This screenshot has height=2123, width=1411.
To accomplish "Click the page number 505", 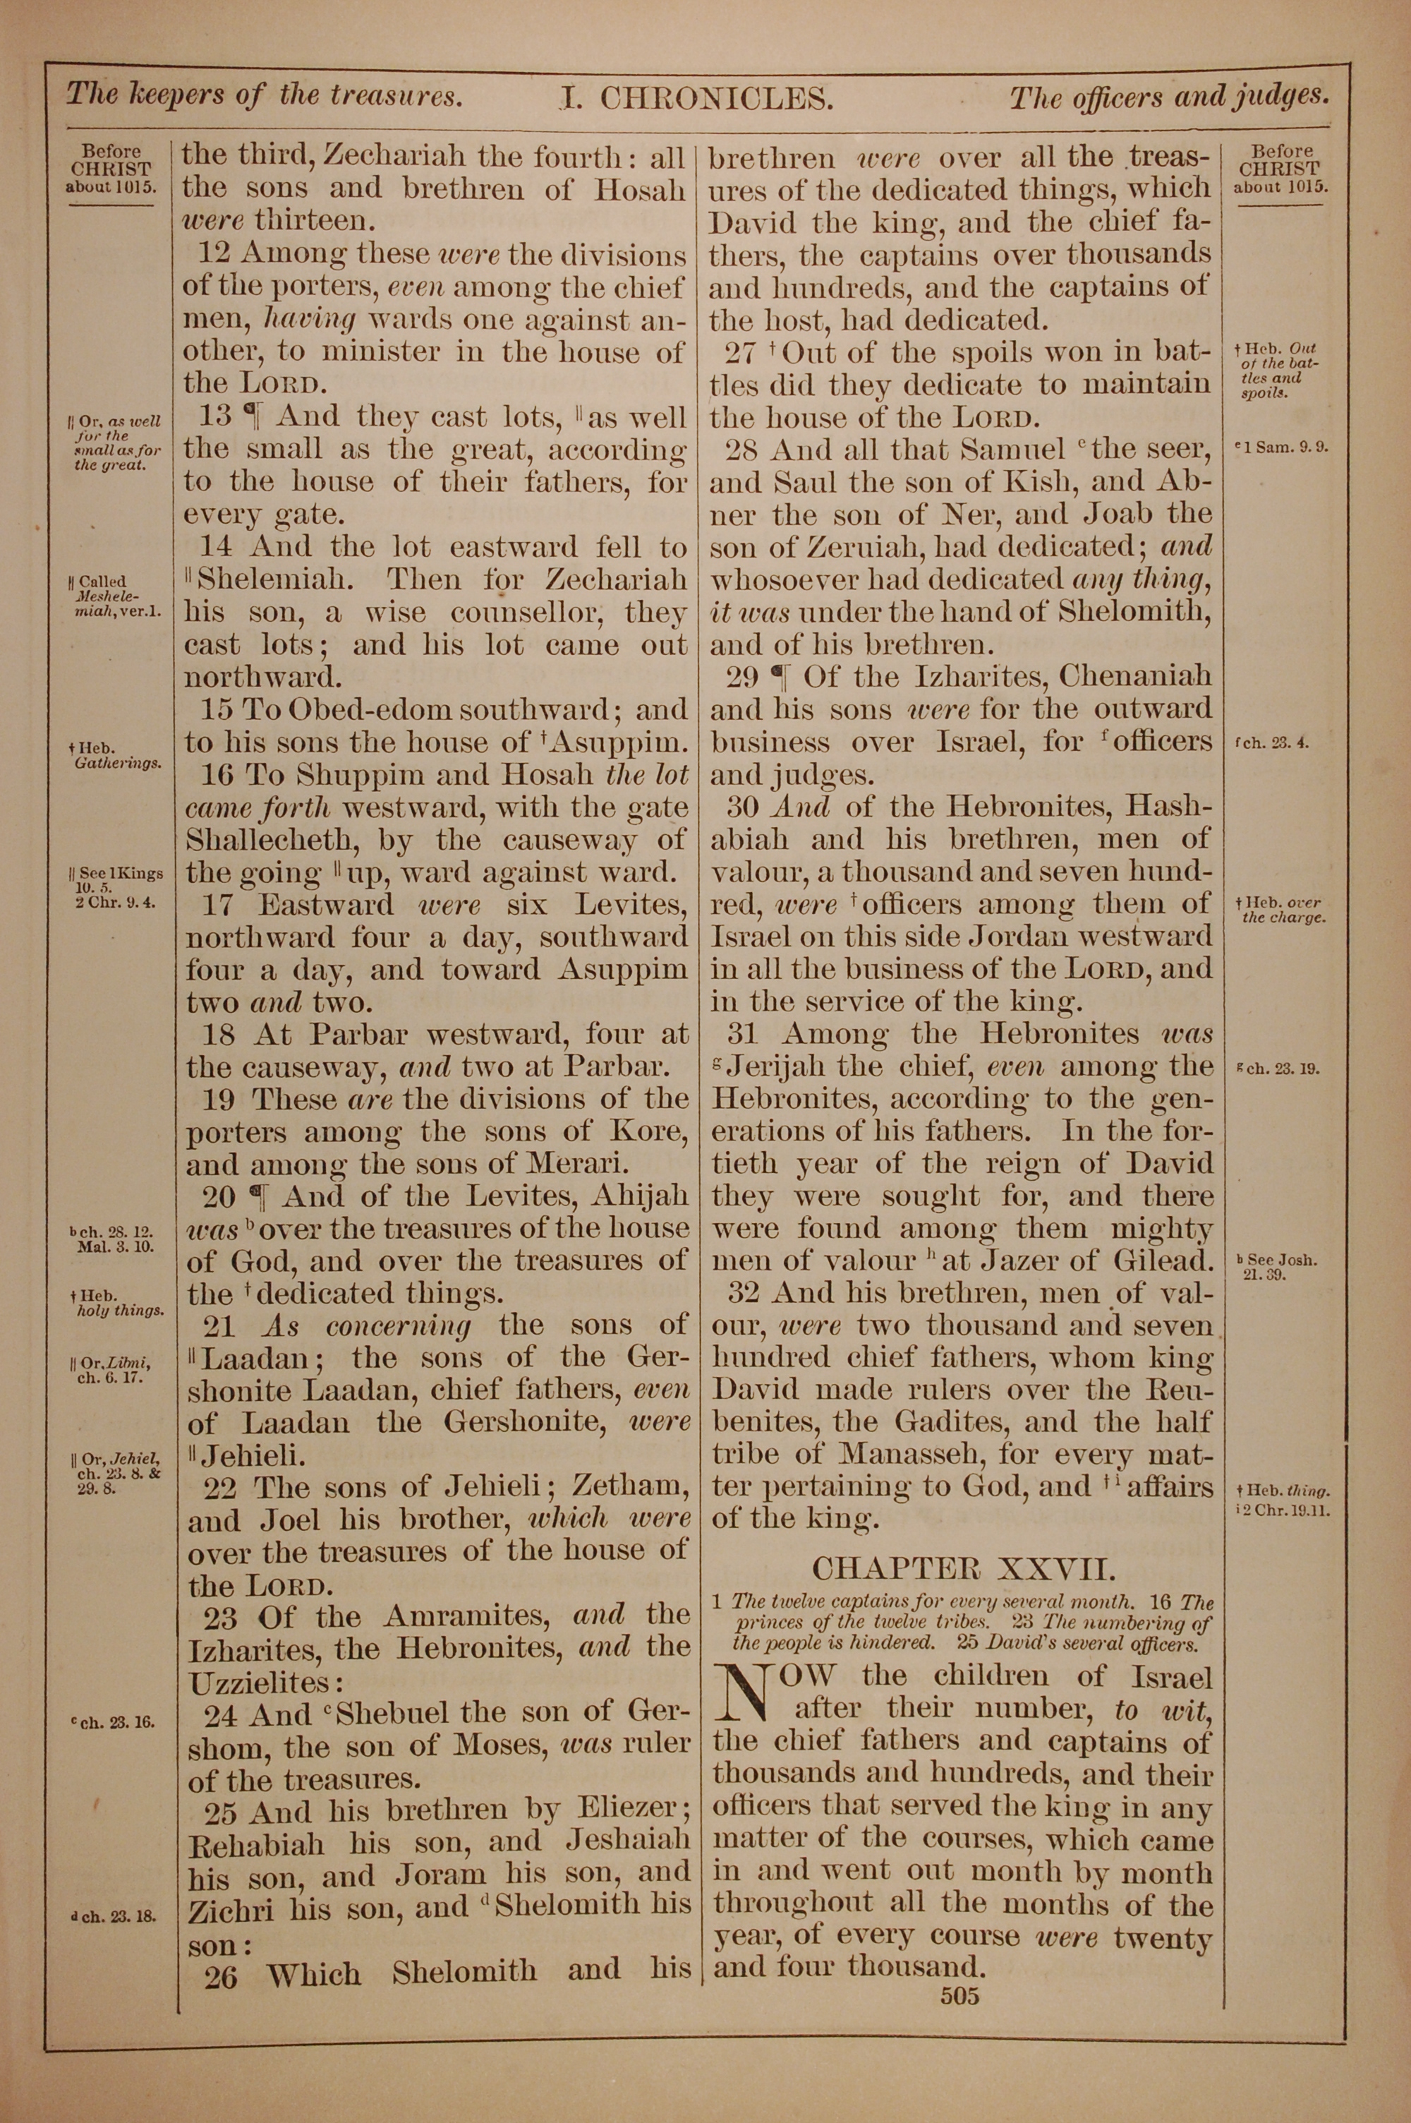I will point(959,1995).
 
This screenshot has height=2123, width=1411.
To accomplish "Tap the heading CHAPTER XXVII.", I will point(963,1570).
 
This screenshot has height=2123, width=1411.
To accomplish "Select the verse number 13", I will point(214,416).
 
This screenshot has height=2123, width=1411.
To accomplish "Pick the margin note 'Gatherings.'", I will point(118,763).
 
